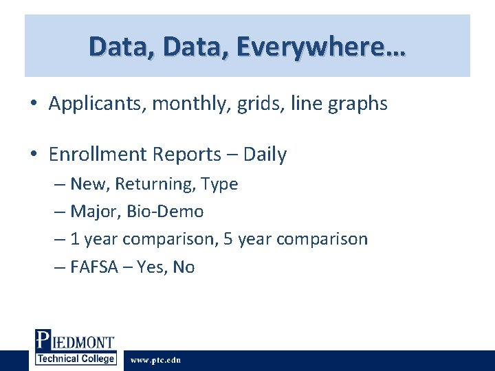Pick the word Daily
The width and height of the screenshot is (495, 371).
(x=263, y=155)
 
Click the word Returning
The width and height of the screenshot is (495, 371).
(x=155, y=184)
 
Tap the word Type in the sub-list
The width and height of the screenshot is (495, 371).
(x=219, y=184)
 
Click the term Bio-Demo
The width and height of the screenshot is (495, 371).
(x=165, y=212)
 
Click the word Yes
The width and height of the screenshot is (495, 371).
(x=151, y=267)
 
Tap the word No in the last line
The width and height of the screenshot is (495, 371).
(x=184, y=267)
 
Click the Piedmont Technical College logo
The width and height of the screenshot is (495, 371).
(x=75, y=348)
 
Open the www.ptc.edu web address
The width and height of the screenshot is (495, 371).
(x=155, y=360)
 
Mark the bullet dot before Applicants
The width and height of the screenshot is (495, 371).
(x=34, y=105)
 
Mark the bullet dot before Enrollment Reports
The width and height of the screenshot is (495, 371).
(x=34, y=155)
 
